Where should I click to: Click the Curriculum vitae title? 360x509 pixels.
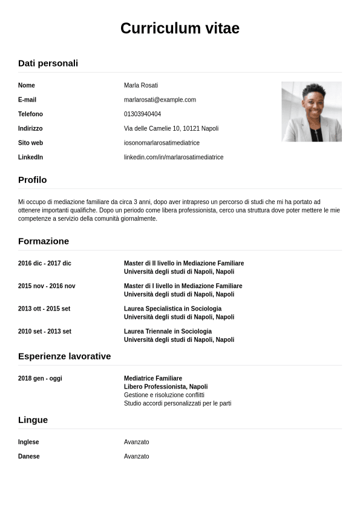[x=180, y=28]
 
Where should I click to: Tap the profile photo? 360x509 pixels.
[x=311, y=112]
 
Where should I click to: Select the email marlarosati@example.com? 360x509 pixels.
[x=160, y=100]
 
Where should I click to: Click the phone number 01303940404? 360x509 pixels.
[x=142, y=114]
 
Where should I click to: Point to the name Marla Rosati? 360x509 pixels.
[x=141, y=85]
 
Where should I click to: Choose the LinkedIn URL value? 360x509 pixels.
[x=174, y=157]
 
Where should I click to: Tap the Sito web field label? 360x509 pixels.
[x=30, y=143]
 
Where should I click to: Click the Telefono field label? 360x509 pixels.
[x=30, y=114]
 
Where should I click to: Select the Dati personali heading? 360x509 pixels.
[x=48, y=63]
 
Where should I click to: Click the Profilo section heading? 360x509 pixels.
[x=32, y=180]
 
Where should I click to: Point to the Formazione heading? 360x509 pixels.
[x=44, y=241]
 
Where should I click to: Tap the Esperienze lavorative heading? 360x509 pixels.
[x=64, y=356]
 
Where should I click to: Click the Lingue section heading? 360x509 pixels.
[x=33, y=419]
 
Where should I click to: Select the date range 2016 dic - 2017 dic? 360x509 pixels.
[x=45, y=263]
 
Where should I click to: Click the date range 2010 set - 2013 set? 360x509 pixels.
[x=45, y=332]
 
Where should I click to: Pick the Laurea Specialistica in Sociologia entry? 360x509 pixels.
[x=172, y=309]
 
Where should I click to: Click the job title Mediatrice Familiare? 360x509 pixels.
[x=153, y=378]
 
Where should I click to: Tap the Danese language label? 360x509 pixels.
[x=28, y=456]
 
